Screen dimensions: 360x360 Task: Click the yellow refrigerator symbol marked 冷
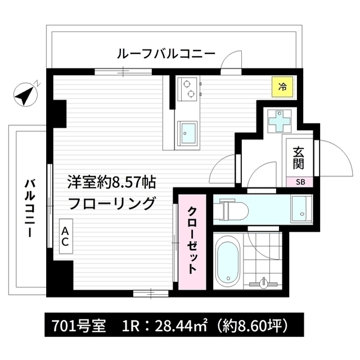tap(283, 87)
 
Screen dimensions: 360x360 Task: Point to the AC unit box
tap(65, 237)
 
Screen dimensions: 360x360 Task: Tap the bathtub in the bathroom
tap(228, 260)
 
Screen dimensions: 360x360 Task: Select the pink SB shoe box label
tap(301, 181)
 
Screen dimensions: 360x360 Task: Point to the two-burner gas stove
tap(188, 88)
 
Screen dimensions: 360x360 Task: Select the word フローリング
tap(111, 203)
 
